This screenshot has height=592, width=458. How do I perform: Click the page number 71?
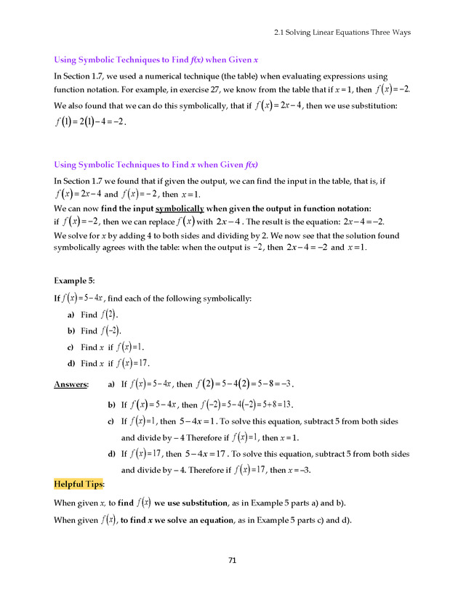pyautogui.click(x=233, y=560)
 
